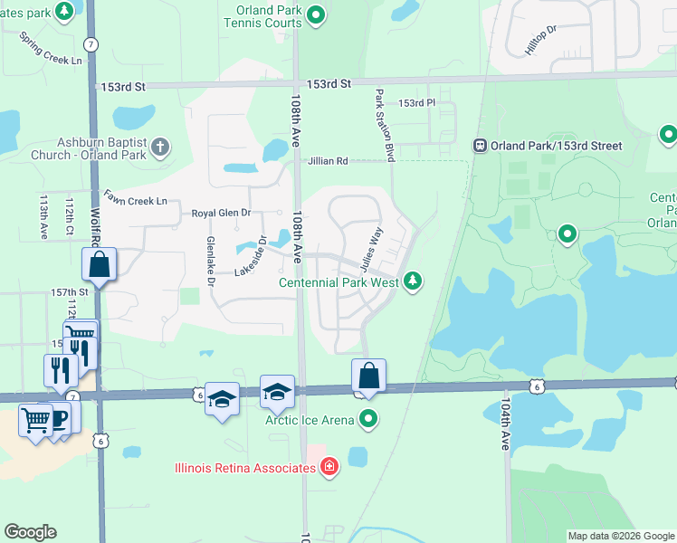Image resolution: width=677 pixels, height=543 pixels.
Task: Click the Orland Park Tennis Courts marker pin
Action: click(316, 14)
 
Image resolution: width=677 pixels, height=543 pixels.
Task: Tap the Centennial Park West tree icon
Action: click(413, 282)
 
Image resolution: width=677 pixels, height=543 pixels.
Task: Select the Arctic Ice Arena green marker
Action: click(368, 419)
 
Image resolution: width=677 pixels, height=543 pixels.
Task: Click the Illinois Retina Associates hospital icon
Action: click(329, 467)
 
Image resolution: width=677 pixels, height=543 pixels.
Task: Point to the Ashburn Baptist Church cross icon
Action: click(160, 147)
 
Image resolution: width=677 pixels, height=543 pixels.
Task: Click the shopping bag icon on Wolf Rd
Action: click(99, 266)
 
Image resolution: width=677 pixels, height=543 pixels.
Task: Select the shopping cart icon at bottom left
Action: click(36, 419)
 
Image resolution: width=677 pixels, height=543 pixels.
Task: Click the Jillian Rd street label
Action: click(328, 161)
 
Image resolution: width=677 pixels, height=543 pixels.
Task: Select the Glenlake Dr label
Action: click(210, 263)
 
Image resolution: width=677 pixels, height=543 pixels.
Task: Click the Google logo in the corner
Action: click(30, 532)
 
